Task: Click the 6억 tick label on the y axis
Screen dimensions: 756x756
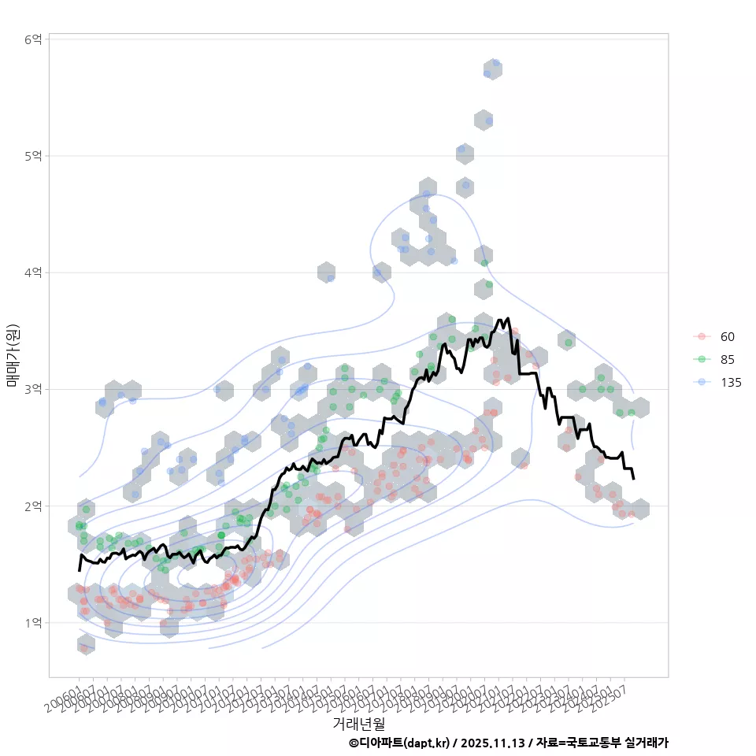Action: tap(35, 39)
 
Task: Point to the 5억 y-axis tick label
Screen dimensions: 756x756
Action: tap(35, 156)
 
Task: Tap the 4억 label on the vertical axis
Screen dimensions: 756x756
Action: tap(35, 272)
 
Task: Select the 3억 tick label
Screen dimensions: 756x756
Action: tap(35, 389)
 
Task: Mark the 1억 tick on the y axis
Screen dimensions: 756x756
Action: tap(35, 622)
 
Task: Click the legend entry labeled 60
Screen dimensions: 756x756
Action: tap(727, 337)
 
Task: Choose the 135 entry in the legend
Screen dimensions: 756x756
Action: tap(730, 383)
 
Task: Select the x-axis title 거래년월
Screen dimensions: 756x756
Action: tap(358, 723)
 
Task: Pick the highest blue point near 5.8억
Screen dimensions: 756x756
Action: tap(495, 63)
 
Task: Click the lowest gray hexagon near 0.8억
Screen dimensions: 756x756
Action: tap(86, 645)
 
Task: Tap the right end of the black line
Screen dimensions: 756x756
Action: tap(634, 478)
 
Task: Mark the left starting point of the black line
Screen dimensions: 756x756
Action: tap(79, 569)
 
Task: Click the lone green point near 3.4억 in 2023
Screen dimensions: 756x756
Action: tap(568, 343)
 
